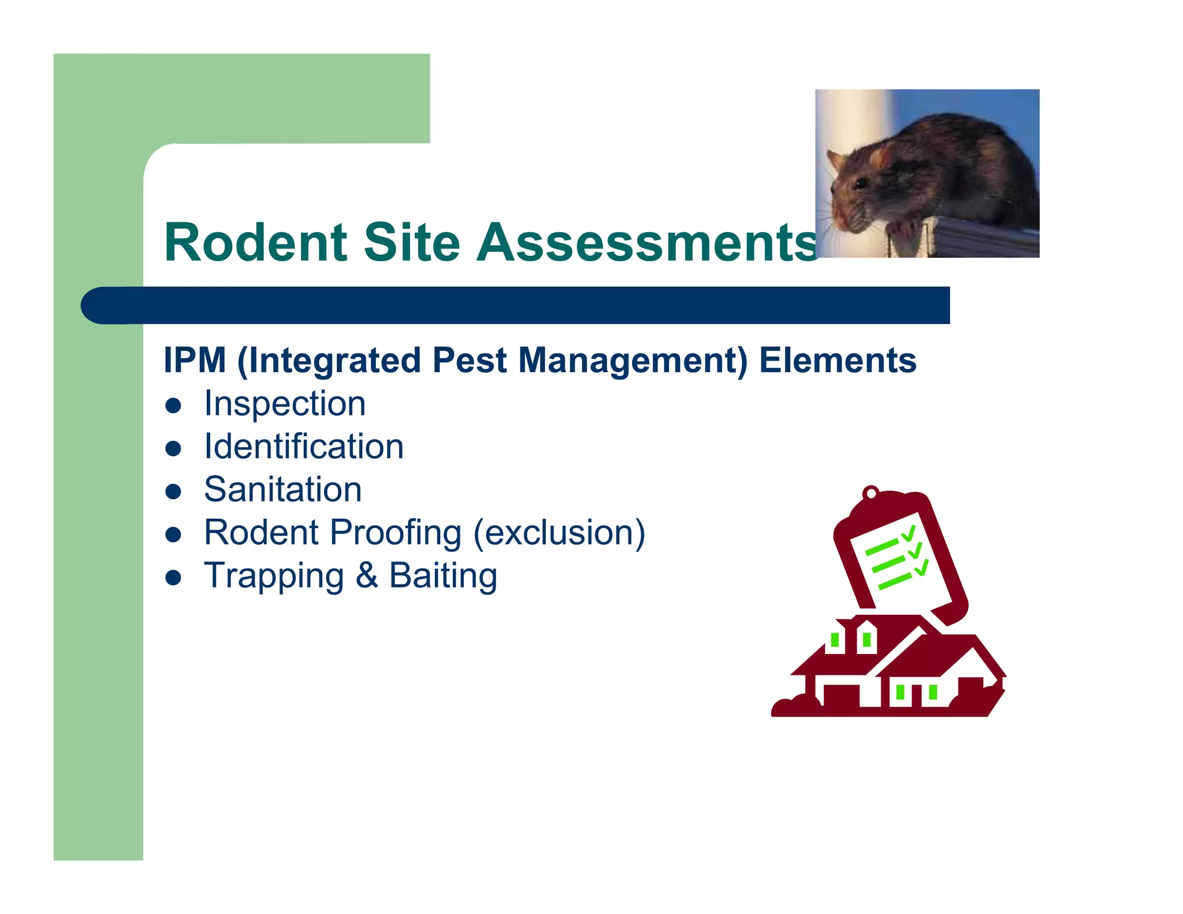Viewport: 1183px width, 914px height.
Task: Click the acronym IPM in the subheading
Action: [195, 361]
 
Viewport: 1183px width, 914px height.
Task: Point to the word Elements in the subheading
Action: [837, 361]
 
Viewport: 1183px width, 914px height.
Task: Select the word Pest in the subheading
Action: [469, 361]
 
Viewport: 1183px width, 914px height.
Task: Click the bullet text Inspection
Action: [285, 403]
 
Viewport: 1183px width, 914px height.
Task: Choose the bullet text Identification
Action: [304, 447]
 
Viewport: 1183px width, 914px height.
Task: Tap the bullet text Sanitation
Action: [283, 490]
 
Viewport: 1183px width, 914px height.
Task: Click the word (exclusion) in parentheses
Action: [559, 533]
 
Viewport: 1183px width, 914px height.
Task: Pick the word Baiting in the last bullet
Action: [442, 576]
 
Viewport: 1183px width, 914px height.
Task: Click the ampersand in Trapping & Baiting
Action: [366, 576]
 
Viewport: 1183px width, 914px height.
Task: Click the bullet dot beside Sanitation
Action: [173, 492]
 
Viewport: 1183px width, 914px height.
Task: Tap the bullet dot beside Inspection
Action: [173, 406]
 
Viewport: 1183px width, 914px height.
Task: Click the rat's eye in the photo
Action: [861, 184]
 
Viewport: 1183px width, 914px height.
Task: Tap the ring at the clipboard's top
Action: [870, 493]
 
